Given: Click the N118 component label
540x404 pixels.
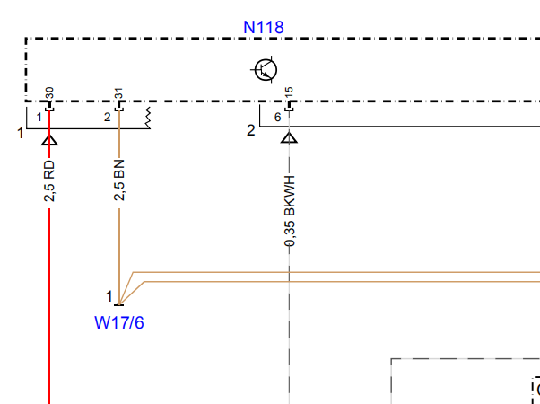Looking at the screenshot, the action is [264, 27].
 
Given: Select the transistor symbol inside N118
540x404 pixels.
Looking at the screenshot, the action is [265, 70].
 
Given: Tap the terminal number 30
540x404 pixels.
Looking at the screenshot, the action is [49, 93].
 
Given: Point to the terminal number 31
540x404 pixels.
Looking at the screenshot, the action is [118, 93].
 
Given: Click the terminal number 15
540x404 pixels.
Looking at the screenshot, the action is [289, 93].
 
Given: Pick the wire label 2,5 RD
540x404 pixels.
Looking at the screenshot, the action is [49, 181].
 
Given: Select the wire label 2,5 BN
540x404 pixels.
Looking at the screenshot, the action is [119, 180].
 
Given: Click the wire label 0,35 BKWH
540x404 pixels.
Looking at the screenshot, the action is [290, 211].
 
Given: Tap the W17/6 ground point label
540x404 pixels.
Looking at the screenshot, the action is [119, 322].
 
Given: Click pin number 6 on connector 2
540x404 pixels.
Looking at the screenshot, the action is [277, 118].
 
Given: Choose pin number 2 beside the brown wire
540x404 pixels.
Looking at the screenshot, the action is [107, 118].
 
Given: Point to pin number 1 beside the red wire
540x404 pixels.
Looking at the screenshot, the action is [39, 118].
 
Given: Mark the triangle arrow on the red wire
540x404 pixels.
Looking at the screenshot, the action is [49, 140].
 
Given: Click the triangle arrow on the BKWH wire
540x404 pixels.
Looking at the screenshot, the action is [289, 138].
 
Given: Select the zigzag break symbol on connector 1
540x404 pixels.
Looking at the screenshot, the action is [148, 118].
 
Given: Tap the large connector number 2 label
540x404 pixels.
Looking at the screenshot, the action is [251, 131].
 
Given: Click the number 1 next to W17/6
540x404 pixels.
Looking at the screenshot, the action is [109, 296].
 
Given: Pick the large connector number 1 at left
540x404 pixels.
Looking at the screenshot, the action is [21, 133].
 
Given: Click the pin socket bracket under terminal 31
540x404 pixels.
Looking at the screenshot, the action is [119, 105].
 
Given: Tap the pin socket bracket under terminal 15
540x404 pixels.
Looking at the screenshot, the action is [289, 105].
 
